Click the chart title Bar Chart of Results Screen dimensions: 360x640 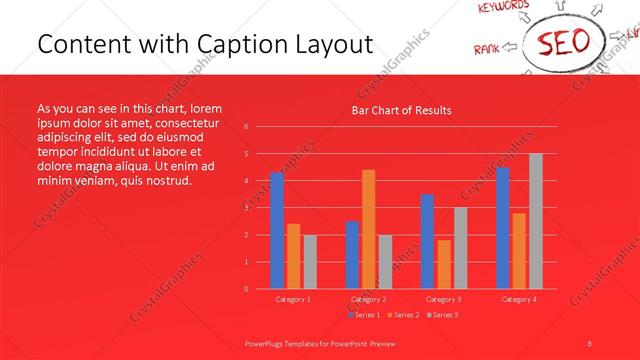[x=400, y=110]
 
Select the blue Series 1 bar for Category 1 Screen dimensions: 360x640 [x=277, y=230]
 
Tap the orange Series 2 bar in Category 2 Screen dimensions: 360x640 [x=368, y=229]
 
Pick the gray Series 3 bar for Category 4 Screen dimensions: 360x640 [x=536, y=221]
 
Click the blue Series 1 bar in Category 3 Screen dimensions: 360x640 [x=427, y=241]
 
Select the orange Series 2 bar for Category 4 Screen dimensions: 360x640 [x=519, y=250]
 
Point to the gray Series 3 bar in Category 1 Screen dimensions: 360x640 [x=310, y=261]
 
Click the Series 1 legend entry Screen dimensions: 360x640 [x=365, y=315]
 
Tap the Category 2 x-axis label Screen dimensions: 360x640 [x=368, y=299]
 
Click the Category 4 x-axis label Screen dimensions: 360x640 [x=519, y=299]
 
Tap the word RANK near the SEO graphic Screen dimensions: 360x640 [x=487, y=47]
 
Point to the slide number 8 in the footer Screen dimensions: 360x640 [x=590, y=342]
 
